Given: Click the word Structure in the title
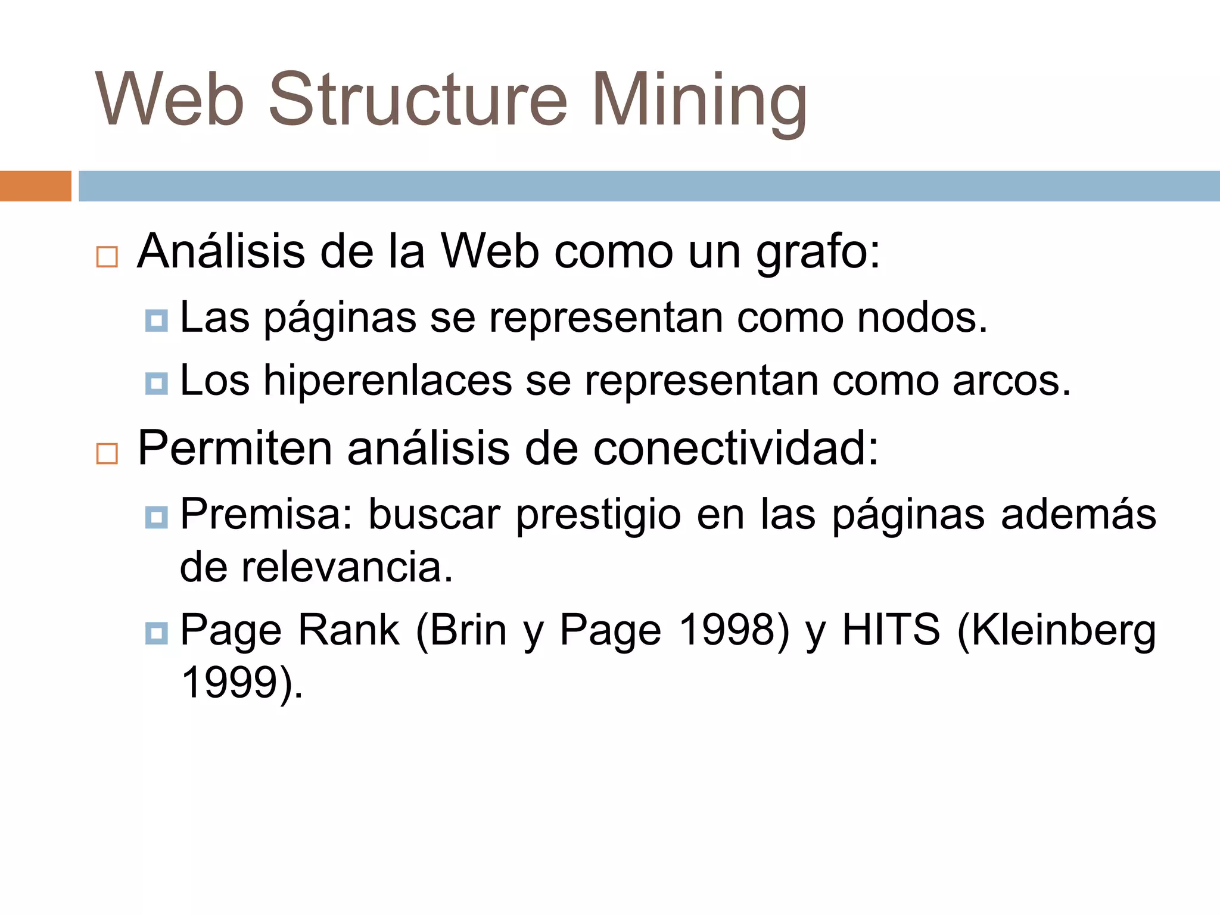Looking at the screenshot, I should [418, 99].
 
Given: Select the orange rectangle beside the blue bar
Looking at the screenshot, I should [35, 186].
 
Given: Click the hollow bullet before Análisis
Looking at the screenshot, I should [107, 257].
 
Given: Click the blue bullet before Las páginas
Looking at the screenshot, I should [156, 320].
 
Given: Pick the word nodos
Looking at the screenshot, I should [922, 318].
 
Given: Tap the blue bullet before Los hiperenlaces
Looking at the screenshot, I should [156, 383].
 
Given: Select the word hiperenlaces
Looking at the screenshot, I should [388, 381].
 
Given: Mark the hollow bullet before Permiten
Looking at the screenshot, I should [107, 453].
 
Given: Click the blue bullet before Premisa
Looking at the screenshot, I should [156, 516].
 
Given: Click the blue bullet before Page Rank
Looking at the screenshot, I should [156, 632].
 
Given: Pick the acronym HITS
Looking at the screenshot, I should [891, 630].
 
